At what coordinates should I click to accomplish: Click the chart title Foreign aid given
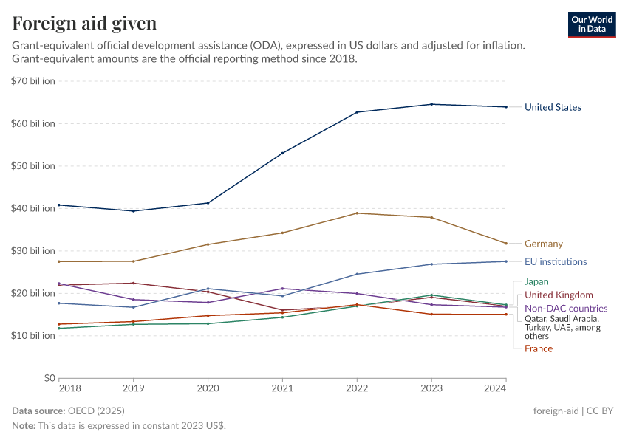(84, 24)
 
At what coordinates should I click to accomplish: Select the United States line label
(553, 107)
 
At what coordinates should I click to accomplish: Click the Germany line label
(543, 244)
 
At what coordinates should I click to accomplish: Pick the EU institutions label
(556, 261)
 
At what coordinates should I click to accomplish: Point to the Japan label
(536, 281)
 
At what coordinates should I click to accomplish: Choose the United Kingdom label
(559, 295)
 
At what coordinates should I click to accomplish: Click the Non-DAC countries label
(566, 308)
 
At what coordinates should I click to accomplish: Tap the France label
(538, 348)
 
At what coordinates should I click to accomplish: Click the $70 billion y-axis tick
(33, 81)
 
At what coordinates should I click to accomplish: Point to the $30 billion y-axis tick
(33, 251)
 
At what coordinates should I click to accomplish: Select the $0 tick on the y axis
(48, 378)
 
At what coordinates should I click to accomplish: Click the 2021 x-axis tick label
(282, 388)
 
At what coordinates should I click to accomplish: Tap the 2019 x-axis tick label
(133, 388)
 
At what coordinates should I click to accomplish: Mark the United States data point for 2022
(357, 112)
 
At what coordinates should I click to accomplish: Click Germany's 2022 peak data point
(357, 213)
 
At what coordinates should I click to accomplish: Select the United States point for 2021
(282, 153)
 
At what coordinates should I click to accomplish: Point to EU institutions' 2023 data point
(431, 264)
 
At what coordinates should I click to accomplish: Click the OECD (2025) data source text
(95, 411)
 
